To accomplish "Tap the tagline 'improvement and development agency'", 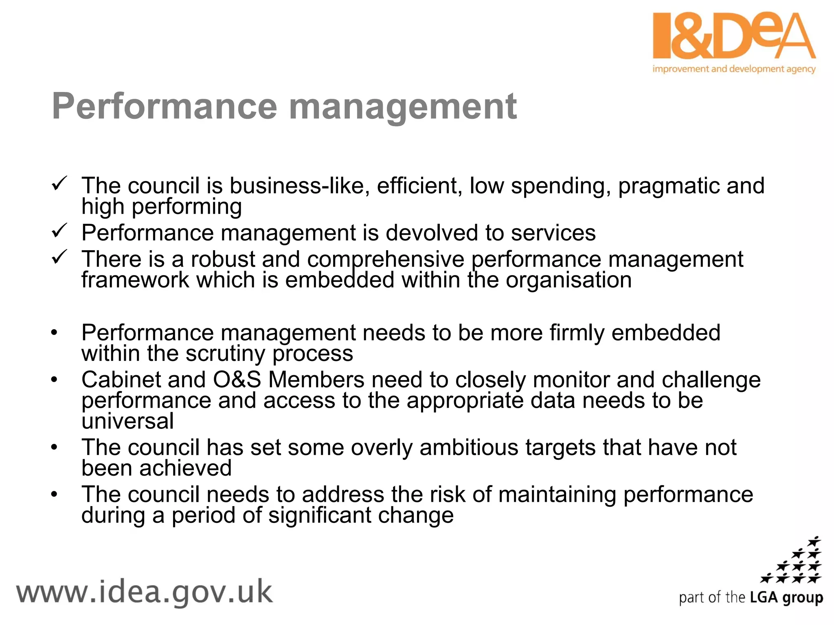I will pyautogui.click(x=734, y=69).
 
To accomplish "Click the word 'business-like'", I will pyautogui.click(x=299, y=186).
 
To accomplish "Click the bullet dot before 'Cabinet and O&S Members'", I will pyautogui.click(x=55, y=380).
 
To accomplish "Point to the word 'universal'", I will pyautogui.click(x=127, y=421).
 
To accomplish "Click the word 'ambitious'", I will pyautogui.click(x=468, y=447).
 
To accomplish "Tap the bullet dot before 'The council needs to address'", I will pyautogui.click(x=55, y=494).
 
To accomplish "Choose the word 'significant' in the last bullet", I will pyautogui.click(x=319, y=515).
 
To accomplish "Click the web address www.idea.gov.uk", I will pyautogui.click(x=144, y=592).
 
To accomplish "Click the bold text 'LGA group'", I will pyautogui.click(x=786, y=598).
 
